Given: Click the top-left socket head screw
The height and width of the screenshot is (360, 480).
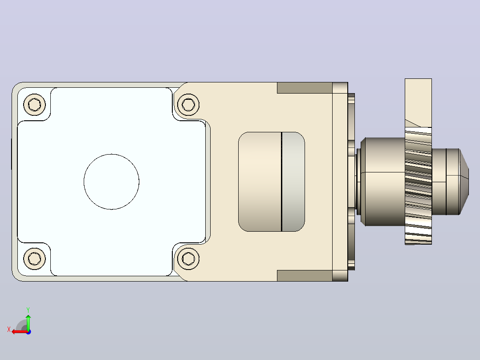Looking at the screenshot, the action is (x=35, y=105).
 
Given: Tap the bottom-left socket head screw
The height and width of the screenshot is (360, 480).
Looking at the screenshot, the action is (x=35, y=259).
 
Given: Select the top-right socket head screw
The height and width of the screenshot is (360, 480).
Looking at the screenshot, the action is (x=188, y=105).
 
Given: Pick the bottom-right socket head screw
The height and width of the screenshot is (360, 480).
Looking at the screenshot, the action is (x=188, y=259).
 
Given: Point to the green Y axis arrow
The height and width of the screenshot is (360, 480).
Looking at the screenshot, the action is (x=28, y=322).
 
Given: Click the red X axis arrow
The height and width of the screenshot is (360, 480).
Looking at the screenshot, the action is (x=20, y=332).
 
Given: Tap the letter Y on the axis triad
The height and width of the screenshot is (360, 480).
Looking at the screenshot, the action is (x=28, y=310).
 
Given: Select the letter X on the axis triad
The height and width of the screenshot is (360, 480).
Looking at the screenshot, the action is (x=9, y=329).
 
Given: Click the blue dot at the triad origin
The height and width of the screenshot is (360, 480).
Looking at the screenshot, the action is (x=28, y=332).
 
